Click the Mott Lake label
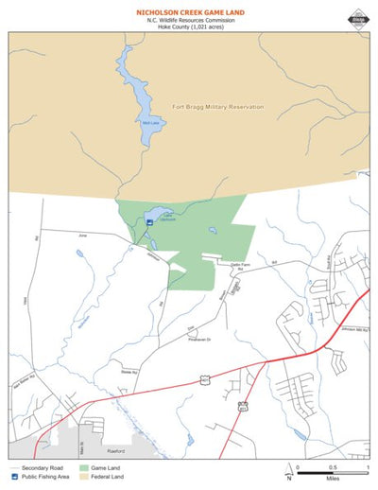click(149, 123)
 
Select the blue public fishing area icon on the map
click(149, 222)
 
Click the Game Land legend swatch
click(85, 467)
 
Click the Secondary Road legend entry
click(34, 467)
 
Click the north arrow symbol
click(288, 472)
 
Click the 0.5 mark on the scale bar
click(332, 467)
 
